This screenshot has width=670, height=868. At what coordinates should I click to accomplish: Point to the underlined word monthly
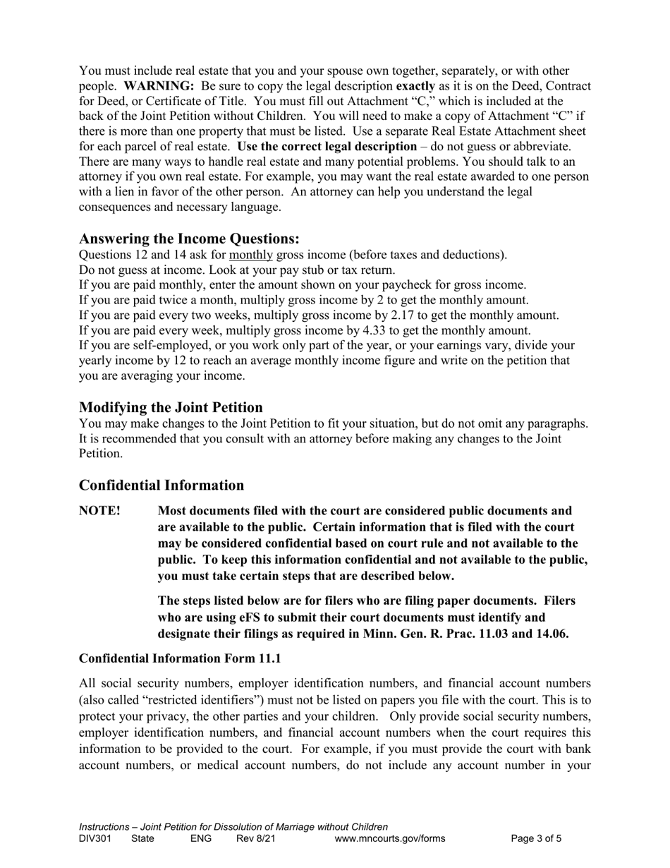pos(252,255)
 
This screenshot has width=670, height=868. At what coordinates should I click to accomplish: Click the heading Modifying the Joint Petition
pos(171,407)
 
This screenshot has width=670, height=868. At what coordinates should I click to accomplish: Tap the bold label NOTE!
pos(99,511)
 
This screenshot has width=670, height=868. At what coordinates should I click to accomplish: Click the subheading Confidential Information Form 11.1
pos(180,658)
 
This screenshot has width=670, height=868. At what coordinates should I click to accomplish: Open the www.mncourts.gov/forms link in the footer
pos(390,839)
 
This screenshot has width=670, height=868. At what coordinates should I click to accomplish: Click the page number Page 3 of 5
pos(537,839)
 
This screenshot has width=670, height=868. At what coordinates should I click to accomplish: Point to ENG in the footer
pos(201,839)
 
